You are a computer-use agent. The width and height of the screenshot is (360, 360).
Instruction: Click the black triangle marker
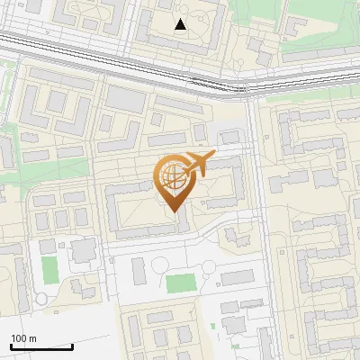[181, 24]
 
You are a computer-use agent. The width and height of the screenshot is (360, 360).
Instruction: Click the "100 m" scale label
[23, 338]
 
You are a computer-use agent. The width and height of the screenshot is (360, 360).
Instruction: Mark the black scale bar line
[41, 346]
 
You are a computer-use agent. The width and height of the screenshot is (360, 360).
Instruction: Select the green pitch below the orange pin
[180, 283]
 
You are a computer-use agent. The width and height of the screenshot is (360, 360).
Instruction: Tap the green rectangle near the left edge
[49, 268]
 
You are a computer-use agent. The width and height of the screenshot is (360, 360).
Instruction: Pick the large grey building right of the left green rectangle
[85, 250]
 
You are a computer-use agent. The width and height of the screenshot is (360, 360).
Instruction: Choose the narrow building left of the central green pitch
[138, 269]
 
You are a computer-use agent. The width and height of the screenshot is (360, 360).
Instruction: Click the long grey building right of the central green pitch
[238, 277]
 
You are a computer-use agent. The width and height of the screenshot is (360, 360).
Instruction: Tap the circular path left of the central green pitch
[159, 265]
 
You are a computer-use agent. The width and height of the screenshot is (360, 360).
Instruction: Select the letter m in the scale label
[31, 338]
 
